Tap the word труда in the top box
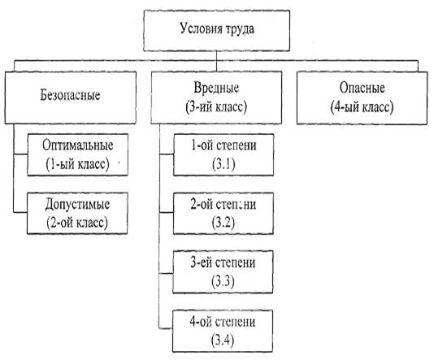241,29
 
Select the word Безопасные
70,95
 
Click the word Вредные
216,88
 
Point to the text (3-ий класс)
216,107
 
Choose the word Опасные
362,88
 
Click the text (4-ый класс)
362,107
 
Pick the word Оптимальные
78,145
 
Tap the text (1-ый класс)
77,163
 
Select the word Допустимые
77,204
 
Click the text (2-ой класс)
77,223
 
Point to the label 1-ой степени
223,145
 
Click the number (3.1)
223,164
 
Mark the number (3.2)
223,223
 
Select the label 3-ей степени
223,262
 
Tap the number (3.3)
223,281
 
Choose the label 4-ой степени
223,322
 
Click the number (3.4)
223,340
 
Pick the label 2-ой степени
223,204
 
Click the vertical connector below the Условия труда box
216,61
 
